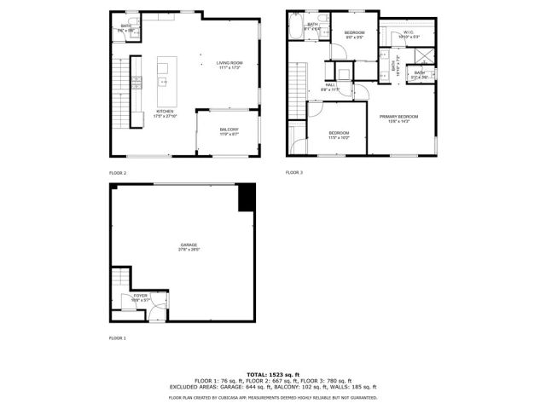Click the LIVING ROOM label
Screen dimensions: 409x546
coord(229,63)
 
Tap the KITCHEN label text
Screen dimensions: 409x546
coord(165,112)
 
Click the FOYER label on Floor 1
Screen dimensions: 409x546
coord(141,296)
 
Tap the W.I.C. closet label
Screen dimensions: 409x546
coord(406,33)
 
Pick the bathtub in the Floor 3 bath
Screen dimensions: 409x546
coord(295,27)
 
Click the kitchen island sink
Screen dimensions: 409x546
coord(161,83)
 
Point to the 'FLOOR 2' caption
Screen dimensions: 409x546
coord(118,173)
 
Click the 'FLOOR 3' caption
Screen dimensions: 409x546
coord(294,173)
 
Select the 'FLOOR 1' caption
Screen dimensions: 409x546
coord(118,338)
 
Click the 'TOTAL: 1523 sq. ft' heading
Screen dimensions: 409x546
coord(273,374)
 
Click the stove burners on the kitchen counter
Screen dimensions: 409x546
coord(136,83)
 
